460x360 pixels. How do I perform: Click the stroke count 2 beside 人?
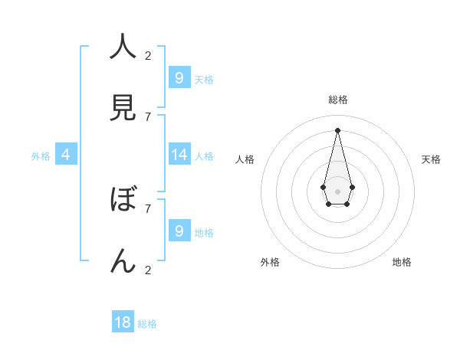click(148, 55)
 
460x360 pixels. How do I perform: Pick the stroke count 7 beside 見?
click(148, 116)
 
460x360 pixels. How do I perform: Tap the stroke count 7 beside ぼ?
click(148, 208)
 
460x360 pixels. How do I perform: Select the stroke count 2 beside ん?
click(148, 270)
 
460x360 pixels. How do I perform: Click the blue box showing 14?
click(179, 155)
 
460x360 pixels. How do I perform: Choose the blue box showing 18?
click(123, 322)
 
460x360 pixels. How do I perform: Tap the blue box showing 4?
click(66, 155)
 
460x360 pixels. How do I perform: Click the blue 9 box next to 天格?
click(179, 77)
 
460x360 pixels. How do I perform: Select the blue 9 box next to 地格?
click(179, 231)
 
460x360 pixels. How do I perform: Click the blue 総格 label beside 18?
click(147, 324)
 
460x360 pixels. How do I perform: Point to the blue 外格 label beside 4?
click(41, 156)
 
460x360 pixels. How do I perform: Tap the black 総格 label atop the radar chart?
click(337, 100)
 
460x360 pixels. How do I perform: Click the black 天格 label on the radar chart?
click(431, 159)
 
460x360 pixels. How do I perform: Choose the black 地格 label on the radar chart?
click(402, 262)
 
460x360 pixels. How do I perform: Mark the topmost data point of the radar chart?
click(337, 130)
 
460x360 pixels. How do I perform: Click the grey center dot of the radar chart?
click(337, 191)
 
